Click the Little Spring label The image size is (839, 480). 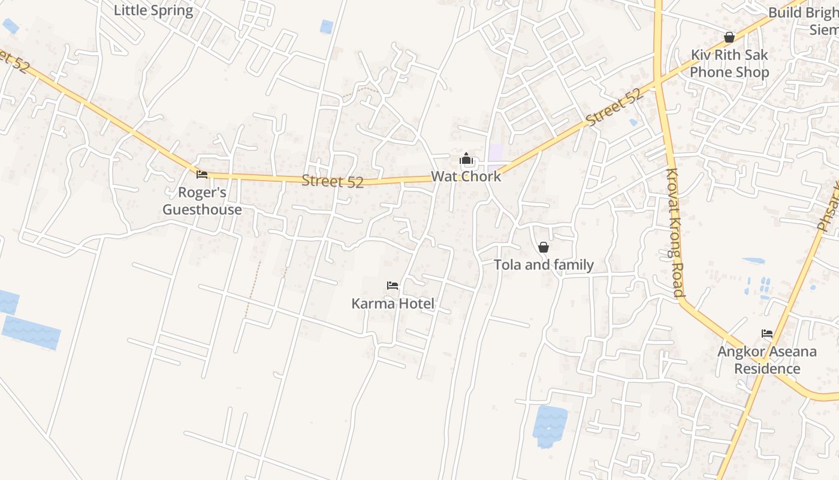[153, 10]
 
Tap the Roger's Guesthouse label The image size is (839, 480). [202, 201]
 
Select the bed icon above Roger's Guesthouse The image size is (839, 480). [202, 175]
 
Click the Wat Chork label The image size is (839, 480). [466, 177]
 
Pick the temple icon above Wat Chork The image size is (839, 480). [466, 159]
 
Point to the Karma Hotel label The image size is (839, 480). [393, 304]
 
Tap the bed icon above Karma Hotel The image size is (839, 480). [393, 286]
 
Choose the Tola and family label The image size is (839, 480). [544, 265]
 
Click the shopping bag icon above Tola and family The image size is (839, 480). [544, 247]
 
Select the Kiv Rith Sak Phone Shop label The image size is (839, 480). [729, 64]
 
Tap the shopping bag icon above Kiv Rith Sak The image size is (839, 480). [729, 37]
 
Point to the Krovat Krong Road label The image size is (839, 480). [674, 233]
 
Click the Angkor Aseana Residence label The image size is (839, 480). [766, 360]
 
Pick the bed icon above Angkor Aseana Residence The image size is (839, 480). [767, 334]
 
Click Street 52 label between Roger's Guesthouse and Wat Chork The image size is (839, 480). [333, 181]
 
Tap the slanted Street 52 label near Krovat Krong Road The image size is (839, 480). [615, 107]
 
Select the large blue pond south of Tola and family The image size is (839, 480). [550, 425]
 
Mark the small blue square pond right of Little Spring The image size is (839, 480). [327, 26]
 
